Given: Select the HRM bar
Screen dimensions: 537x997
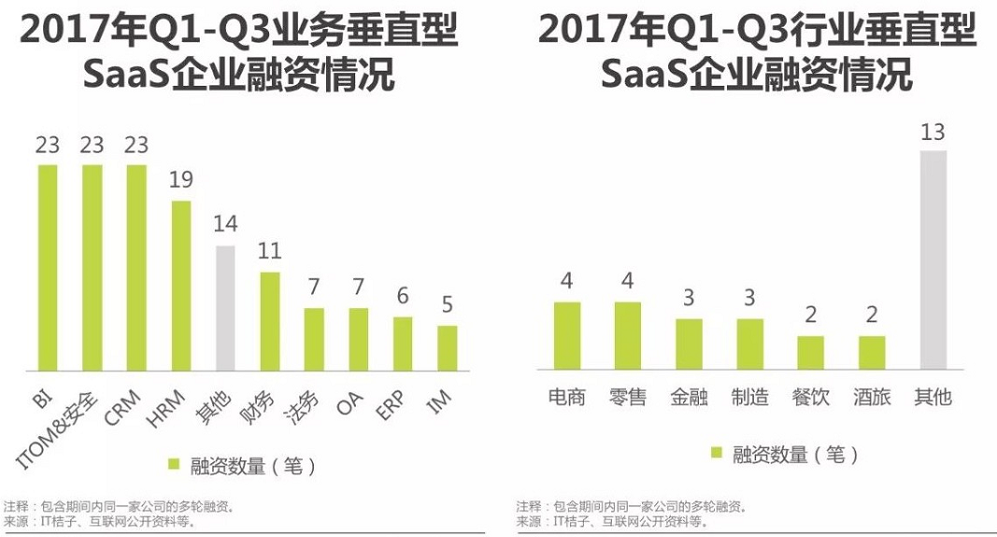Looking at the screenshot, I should coord(180,287).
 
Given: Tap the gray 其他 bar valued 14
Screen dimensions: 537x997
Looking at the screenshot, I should coord(224,309).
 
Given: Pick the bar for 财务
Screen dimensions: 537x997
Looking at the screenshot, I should coord(269,322).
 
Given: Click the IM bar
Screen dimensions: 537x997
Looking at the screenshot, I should coord(448,349).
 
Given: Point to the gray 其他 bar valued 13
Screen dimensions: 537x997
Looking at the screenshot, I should coord(933,261).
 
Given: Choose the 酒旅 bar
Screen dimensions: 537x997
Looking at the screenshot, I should coord(871,354).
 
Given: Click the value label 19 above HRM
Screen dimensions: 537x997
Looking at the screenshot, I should coord(181,179).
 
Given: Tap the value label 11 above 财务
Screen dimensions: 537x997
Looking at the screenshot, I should coord(270,251).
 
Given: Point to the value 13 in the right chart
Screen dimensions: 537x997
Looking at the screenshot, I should coord(933,132).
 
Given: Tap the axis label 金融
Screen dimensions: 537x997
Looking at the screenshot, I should coord(689,397).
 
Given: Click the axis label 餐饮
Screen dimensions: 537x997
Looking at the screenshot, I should coord(810,397).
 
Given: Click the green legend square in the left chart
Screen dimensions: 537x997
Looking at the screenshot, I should coord(173,463).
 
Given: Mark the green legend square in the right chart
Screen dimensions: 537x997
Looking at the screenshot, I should coord(717,453).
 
